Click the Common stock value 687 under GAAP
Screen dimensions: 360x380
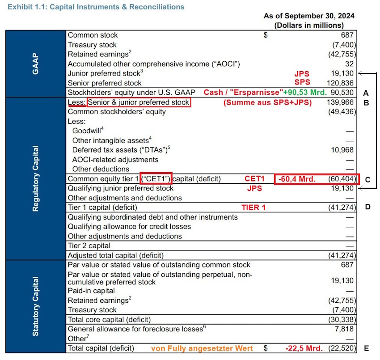[x=348, y=35]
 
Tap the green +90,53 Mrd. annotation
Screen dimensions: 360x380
[x=305, y=93]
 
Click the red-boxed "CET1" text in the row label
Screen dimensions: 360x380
[x=156, y=179]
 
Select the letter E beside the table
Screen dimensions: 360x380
[x=367, y=348]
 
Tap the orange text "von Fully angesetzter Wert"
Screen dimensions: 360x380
[x=202, y=348]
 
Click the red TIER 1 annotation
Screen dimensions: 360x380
[x=253, y=208]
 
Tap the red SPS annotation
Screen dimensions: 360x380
[x=302, y=83]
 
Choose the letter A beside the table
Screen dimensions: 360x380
[x=366, y=93]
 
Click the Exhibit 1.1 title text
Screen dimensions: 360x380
[x=96, y=7]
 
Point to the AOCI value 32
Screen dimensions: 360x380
[x=349, y=64]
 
